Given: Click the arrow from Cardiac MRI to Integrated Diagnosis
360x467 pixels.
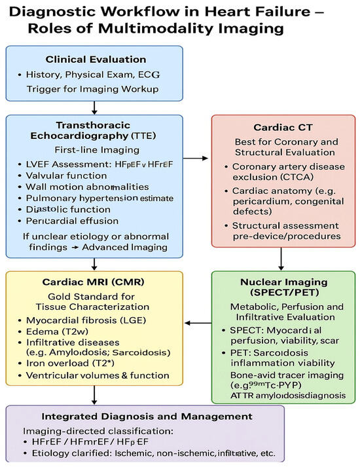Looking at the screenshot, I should (x=96, y=394).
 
